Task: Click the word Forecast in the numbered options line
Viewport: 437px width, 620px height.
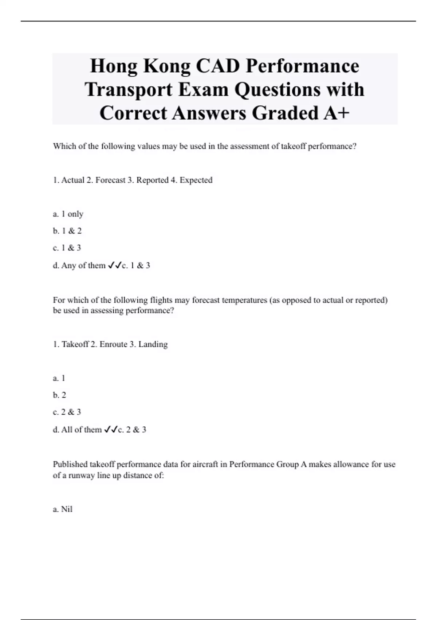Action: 110,180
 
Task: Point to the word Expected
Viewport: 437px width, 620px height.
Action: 196,180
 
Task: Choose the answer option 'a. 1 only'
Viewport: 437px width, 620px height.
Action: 68,214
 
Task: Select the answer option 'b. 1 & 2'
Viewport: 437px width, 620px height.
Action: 67,231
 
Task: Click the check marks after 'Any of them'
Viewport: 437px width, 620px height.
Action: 114,266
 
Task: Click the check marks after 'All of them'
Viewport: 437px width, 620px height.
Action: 110,430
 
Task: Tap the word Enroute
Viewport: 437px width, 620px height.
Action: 113,344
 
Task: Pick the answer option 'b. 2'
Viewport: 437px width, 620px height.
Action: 60,395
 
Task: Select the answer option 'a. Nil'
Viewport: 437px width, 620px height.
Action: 63,509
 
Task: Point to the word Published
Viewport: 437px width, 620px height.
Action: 70,465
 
